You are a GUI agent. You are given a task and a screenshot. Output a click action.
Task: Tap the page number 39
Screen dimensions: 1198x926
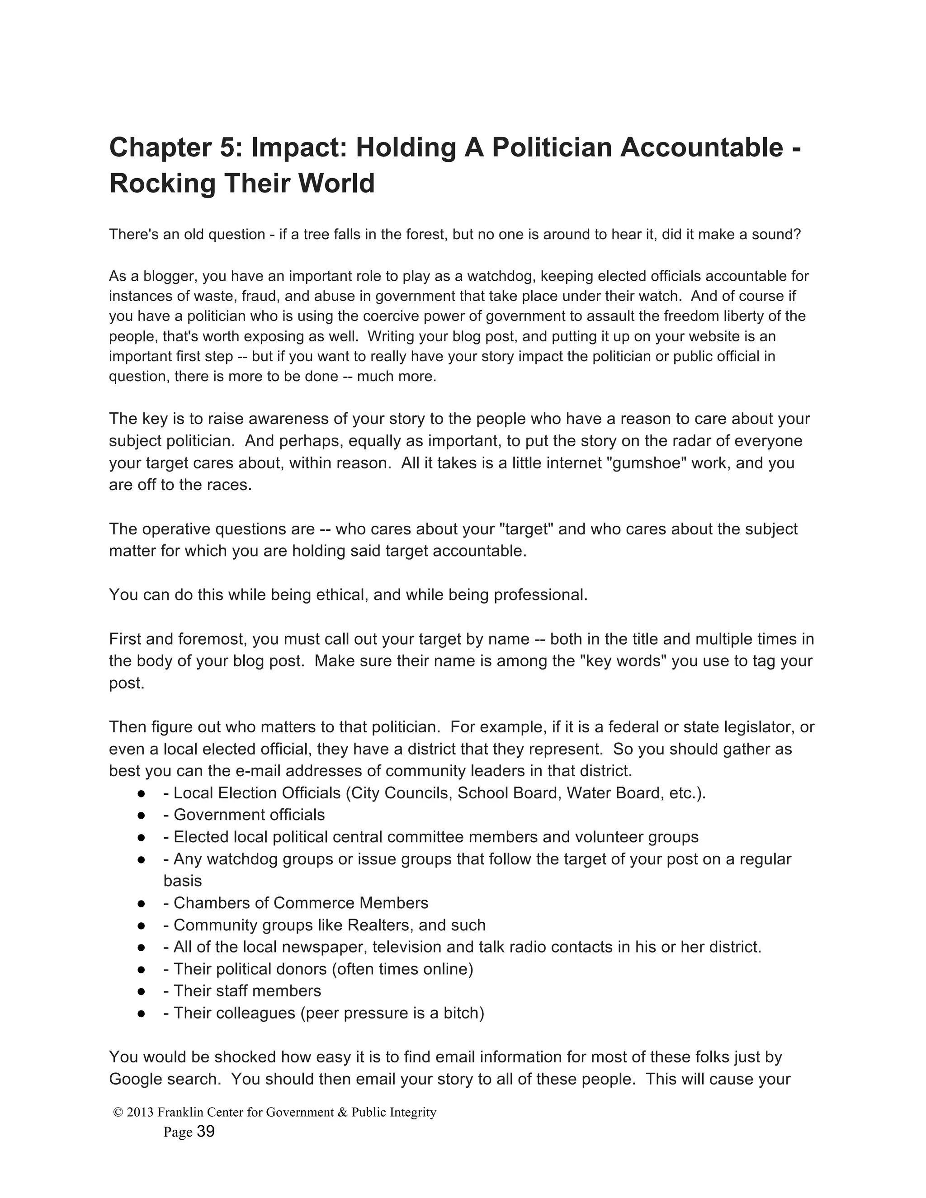(x=206, y=1132)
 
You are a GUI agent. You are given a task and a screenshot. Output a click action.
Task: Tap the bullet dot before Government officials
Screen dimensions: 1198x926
(x=141, y=815)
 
